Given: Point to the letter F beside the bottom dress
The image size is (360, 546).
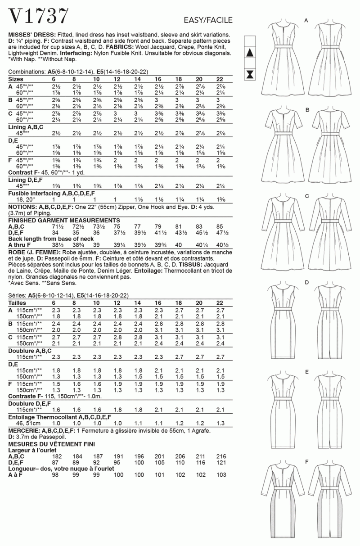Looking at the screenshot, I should [x=306, y=462].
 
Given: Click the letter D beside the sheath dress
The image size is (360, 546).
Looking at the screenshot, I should [x=306, y=282].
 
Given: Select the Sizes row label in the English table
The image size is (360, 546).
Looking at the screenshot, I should [x=17, y=79].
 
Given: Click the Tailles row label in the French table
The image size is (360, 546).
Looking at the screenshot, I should [x=18, y=302].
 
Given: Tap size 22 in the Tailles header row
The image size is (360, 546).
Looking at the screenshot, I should [x=220, y=302].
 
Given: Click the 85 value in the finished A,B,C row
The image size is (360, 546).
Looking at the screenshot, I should [x=220, y=227].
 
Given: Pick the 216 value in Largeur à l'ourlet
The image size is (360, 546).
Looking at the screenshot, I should [x=220, y=456].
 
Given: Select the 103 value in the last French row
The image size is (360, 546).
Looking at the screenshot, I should [x=220, y=474].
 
